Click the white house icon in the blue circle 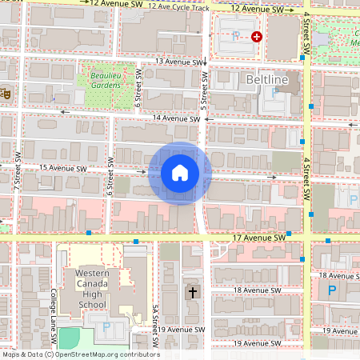(x=179, y=173)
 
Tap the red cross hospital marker (x=257, y=37)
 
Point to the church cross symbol (x=192, y=293)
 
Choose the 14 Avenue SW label (x=175, y=118)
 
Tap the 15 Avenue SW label (x=62, y=169)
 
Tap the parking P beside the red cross (x=234, y=37)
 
